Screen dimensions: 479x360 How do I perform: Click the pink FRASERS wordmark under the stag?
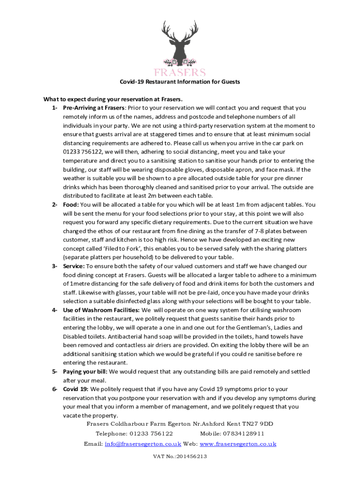tap(180, 72)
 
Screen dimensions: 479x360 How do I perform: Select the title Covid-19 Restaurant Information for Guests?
tap(180, 82)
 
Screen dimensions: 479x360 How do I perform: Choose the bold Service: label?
tap(74, 266)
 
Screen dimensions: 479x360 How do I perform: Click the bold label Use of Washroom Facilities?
tap(101, 310)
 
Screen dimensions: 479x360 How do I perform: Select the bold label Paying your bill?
tap(85, 371)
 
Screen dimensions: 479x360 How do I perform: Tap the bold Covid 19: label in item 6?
tap(76, 389)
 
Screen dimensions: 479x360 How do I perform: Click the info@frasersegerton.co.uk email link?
tap(143, 444)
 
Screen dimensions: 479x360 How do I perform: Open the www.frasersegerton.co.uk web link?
tap(238, 444)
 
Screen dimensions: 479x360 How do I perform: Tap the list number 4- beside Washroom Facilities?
tap(55, 310)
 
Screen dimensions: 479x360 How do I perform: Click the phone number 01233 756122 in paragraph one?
tap(83, 152)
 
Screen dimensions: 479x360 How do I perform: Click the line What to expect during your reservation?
tap(113, 99)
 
